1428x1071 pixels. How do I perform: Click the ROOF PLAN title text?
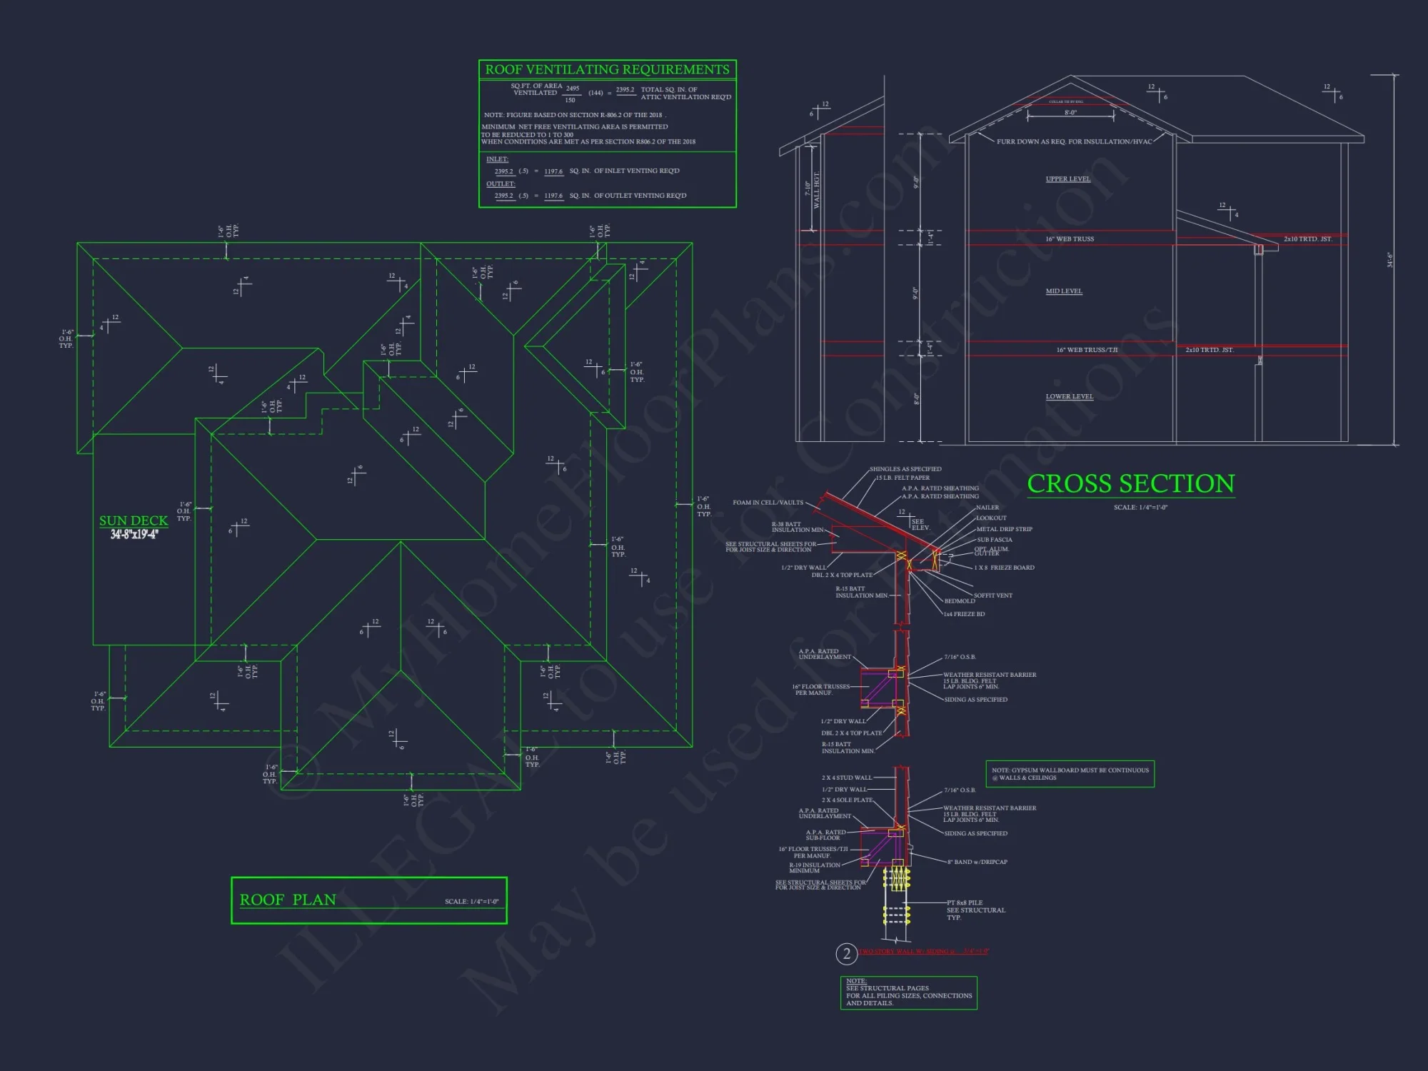(288, 900)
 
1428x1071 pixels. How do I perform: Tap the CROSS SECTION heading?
(1131, 484)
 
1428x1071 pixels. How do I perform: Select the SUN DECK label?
(134, 521)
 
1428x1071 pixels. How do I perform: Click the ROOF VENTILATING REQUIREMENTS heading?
(607, 69)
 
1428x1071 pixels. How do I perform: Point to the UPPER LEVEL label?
(1067, 179)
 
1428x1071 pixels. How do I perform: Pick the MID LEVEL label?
(1064, 291)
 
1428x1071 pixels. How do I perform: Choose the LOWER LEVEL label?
(1069, 396)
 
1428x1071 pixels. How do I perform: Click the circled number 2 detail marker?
(846, 954)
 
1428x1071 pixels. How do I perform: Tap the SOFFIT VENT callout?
(992, 595)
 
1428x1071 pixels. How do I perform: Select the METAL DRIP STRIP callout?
(1004, 529)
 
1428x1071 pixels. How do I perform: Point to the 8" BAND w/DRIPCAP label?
(977, 862)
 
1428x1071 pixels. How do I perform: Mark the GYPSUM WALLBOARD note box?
(1070, 774)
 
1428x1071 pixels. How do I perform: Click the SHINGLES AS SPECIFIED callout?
(905, 469)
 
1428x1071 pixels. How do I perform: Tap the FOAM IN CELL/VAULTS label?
(768, 503)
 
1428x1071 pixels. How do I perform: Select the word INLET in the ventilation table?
(497, 159)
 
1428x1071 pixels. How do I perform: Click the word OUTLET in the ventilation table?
(501, 183)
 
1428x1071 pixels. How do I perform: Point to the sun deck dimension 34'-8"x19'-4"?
(134, 534)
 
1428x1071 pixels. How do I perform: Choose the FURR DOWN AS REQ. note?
(1074, 141)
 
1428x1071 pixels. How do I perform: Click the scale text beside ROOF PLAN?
(471, 901)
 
